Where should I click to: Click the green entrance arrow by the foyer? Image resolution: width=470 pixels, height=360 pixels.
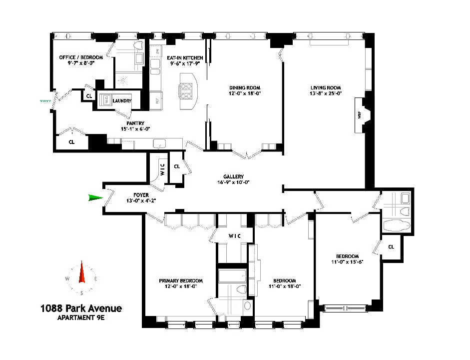(x=95, y=198)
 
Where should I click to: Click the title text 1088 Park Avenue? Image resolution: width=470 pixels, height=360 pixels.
(x=80, y=308)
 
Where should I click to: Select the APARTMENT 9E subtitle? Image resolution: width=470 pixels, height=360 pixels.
(x=80, y=318)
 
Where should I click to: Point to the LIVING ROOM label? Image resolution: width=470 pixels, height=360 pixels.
(x=325, y=88)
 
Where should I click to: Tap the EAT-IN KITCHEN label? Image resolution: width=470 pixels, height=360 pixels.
(x=185, y=58)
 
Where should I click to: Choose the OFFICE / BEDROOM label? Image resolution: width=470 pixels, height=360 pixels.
(x=81, y=57)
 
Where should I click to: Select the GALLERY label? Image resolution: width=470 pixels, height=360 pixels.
(x=233, y=176)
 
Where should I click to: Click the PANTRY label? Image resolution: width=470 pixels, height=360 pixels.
(x=135, y=123)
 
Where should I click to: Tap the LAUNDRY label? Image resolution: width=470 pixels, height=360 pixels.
(x=122, y=101)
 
